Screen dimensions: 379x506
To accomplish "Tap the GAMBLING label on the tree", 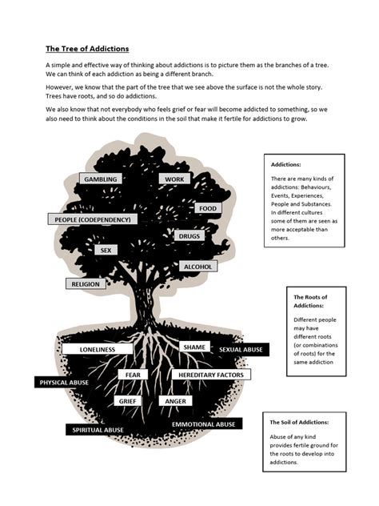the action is click(x=101, y=179).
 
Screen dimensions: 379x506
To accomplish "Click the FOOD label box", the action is click(x=207, y=208).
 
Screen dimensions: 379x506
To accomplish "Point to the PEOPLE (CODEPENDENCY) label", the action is click(x=95, y=219).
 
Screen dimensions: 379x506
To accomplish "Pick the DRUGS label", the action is click(x=189, y=236).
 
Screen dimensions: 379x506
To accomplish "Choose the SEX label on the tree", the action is click(x=105, y=250).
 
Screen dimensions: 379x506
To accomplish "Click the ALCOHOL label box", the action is click(x=197, y=266).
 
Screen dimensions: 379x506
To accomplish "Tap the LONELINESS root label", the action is click(x=98, y=349).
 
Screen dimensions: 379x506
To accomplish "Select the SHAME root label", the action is click(x=194, y=347).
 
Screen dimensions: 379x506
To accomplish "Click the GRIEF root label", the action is click(x=128, y=400).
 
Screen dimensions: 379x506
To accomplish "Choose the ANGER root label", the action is click(x=174, y=400).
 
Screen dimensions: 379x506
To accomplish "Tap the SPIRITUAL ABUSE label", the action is click(x=97, y=430).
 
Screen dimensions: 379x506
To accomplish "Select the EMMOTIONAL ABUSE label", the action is click(x=203, y=424).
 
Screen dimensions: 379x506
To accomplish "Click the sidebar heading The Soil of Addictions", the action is click(x=300, y=422).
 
